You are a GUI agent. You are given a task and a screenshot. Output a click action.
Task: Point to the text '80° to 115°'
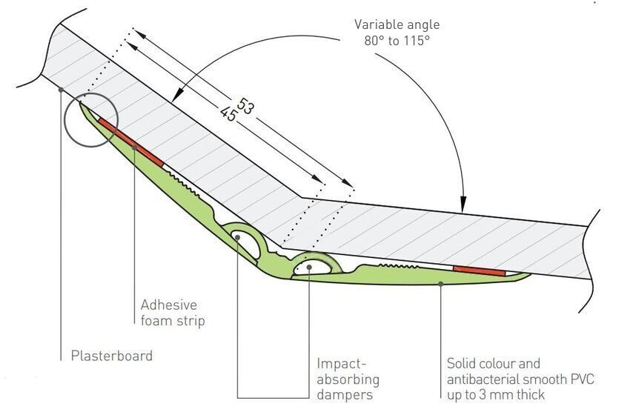tap(397, 41)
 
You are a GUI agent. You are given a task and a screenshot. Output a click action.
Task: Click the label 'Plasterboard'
tap(111, 356)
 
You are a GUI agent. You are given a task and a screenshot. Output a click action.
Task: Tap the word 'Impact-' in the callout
tap(342, 364)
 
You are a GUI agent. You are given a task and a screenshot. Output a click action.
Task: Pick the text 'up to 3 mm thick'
tap(496, 395)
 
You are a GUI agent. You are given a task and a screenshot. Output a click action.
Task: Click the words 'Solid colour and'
tap(493, 364)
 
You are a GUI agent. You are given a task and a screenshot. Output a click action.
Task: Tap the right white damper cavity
tap(312, 265)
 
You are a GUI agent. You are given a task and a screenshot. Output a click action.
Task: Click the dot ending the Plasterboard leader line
tap(61, 90)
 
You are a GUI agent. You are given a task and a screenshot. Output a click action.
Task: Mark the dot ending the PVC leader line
tap(441, 282)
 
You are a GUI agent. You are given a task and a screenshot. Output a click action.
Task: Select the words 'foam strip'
tap(173, 321)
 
